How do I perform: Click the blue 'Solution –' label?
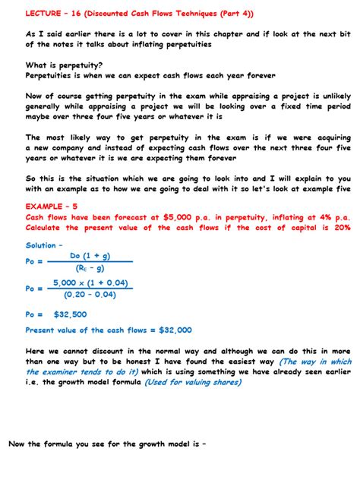coord(45,245)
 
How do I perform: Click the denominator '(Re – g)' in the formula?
coord(90,267)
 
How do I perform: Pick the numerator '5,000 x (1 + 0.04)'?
coord(90,283)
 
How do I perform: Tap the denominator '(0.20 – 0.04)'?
coord(90,294)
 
